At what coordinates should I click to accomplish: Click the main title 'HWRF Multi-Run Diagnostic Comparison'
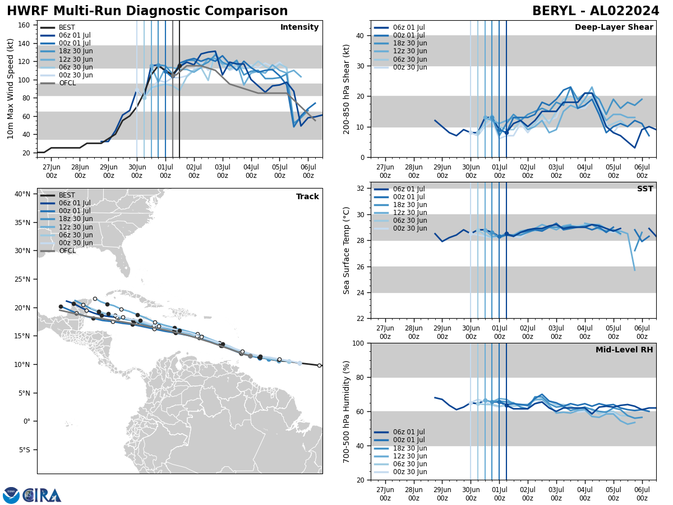click(x=147, y=11)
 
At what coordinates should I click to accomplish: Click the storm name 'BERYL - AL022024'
click(x=595, y=11)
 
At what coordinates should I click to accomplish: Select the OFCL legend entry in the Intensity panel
click(x=67, y=83)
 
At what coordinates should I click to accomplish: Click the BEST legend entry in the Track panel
click(x=67, y=195)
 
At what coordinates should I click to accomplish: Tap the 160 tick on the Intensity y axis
click(x=25, y=25)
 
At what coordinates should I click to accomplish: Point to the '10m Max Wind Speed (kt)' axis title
click(x=11, y=89)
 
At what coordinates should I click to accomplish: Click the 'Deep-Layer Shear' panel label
click(x=614, y=27)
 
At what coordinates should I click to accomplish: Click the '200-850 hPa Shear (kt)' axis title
click(x=347, y=89)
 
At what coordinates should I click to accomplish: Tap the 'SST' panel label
click(x=645, y=189)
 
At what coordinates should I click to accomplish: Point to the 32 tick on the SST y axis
click(x=361, y=189)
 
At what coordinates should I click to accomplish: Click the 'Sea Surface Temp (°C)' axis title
click(x=347, y=250)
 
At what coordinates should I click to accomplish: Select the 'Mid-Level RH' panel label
click(x=624, y=350)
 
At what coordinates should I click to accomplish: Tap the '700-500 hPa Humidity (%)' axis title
click(x=347, y=411)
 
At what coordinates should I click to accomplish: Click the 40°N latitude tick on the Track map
click(x=22, y=194)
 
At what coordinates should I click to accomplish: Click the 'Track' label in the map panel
click(x=307, y=197)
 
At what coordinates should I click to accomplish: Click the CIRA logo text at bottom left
click(x=42, y=495)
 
